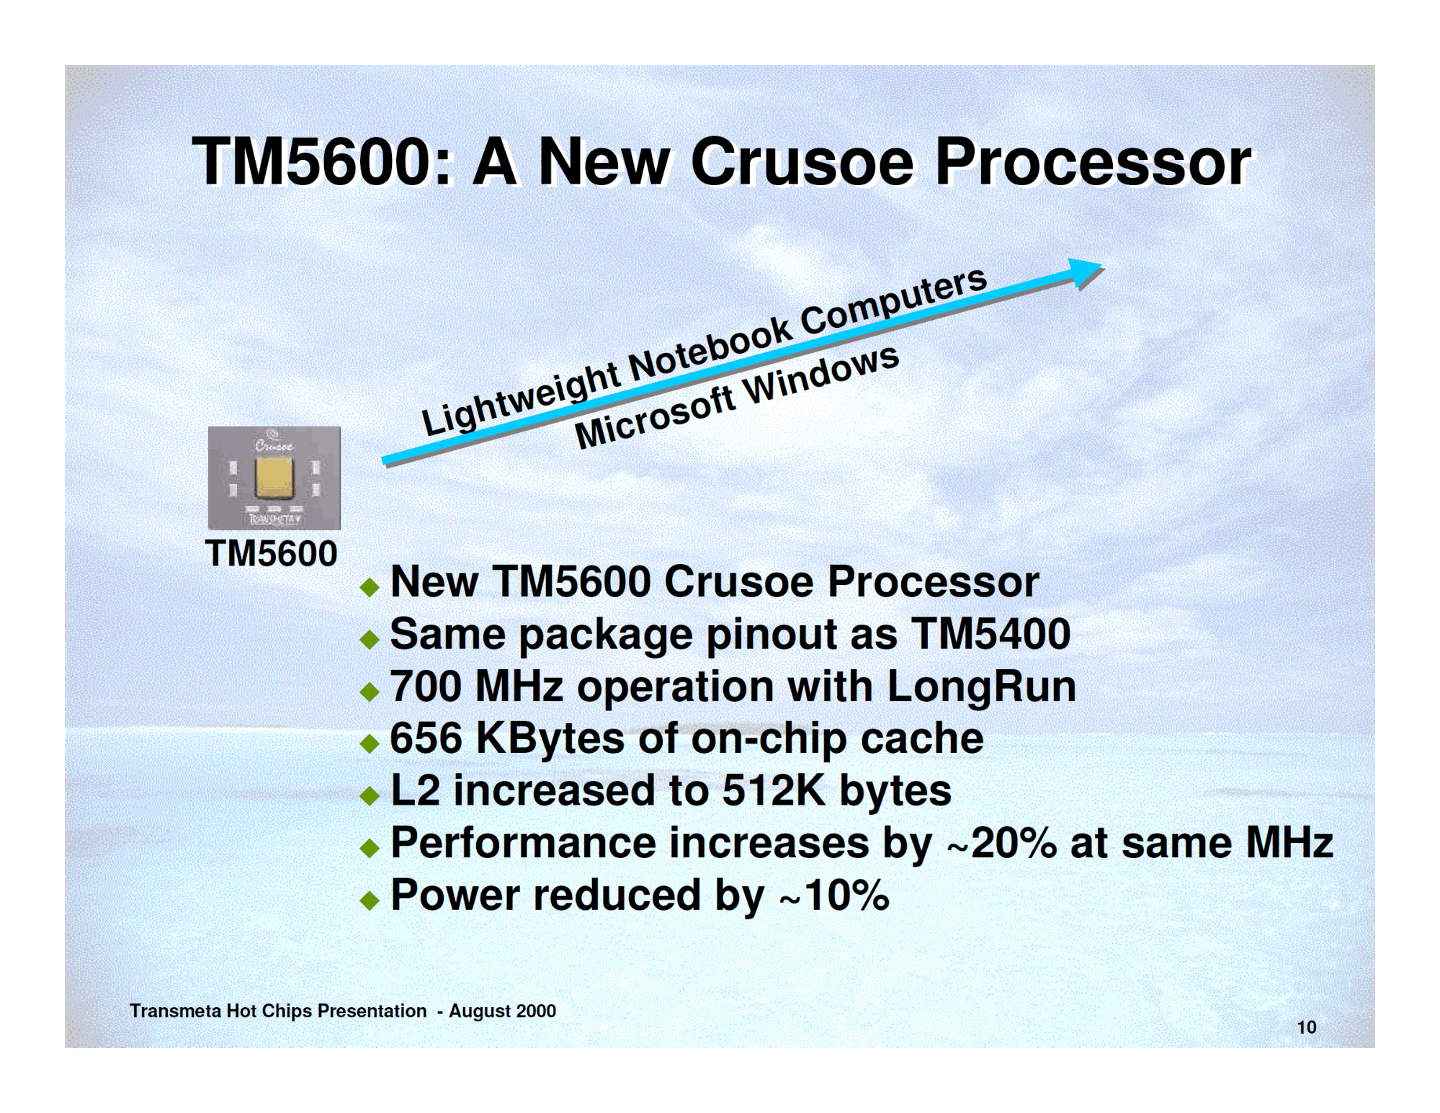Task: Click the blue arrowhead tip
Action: (x=1103, y=264)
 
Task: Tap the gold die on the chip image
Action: (x=274, y=477)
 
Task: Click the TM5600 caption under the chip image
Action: (x=271, y=553)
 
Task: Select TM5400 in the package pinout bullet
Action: (x=990, y=634)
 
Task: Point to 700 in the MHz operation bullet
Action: (x=426, y=686)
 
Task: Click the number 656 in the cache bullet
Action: (x=426, y=738)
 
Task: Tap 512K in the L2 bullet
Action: (x=774, y=790)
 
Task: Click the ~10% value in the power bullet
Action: (x=834, y=895)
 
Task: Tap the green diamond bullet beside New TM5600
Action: (x=370, y=586)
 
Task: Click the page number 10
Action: (x=1307, y=1027)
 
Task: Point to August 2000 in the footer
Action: (x=502, y=1011)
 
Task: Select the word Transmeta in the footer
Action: (x=175, y=1011)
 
